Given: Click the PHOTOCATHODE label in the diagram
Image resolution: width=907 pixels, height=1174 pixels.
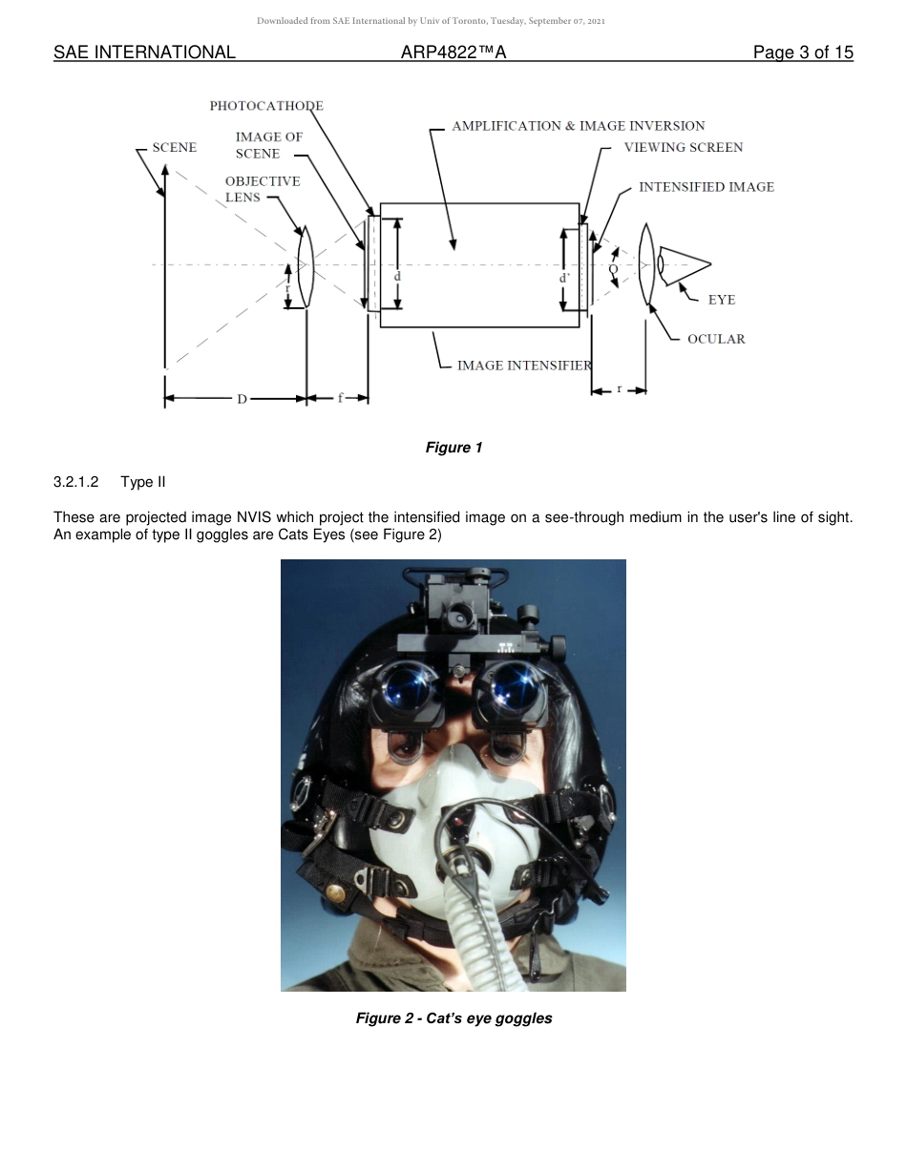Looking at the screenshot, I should pos(266,106).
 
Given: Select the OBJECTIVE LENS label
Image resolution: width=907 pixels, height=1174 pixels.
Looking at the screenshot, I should pos(262,189).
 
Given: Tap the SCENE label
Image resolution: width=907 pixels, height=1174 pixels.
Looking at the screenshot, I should pos(175,148).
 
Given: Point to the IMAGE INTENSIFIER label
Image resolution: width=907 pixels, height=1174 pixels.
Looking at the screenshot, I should pos(524,366).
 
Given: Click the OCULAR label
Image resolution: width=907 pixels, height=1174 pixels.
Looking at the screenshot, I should pos(716,339).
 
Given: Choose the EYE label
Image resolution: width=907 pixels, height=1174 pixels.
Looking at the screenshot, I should pos(722,300).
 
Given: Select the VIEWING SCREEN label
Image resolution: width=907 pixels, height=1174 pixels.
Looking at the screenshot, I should pos(683,148).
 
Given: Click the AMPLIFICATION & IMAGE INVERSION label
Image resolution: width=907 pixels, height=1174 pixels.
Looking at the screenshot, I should pos(578,126).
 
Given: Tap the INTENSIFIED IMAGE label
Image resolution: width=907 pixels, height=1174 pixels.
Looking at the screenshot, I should pos(706,187).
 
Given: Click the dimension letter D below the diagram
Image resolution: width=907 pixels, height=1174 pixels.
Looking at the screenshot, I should pos(242,399).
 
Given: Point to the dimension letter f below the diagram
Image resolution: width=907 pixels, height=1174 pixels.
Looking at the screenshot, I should pos(340,398).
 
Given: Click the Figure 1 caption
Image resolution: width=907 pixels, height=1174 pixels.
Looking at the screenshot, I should pos(453,448).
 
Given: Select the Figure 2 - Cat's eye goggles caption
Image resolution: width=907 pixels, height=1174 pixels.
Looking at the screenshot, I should pos(453,1018).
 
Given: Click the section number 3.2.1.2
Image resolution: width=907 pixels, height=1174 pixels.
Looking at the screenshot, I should pos(76,482).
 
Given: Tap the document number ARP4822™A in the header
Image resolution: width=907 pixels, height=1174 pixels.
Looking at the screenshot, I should pos(453,52).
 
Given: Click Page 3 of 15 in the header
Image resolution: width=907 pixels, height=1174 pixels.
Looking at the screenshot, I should pos(802,52).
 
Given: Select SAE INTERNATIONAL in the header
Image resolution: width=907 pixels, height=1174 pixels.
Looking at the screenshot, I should pos(144,52).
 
